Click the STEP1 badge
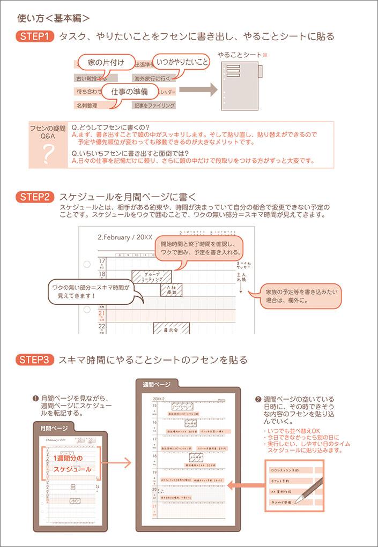pos(35,36)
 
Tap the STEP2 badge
pos(35,197)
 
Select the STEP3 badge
pos(35,360)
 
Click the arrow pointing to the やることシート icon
pos(198,89)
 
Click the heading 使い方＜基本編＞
pos(53,18)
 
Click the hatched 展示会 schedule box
pos(171,329)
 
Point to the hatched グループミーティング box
pos(152,276)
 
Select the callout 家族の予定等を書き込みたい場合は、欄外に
pos(302,296)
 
